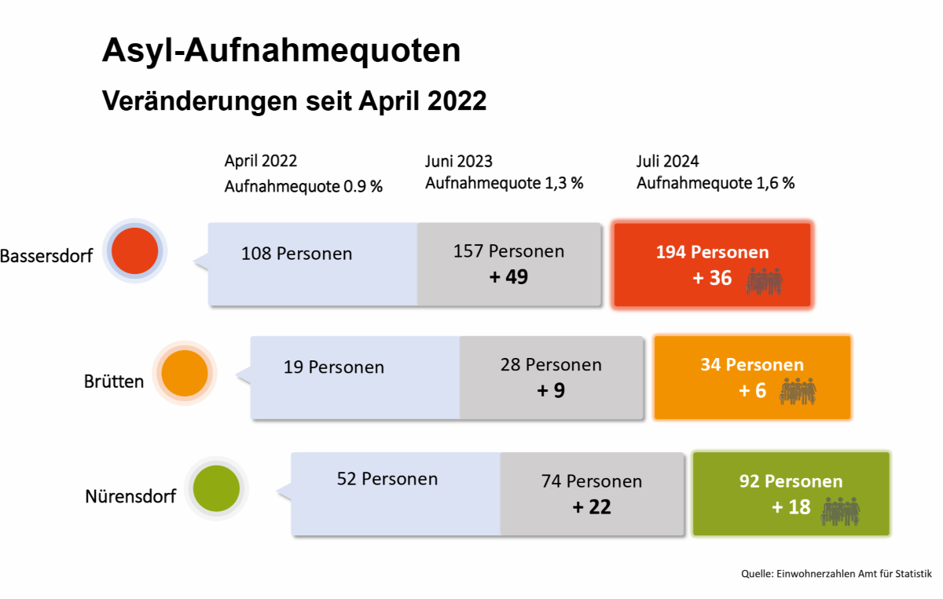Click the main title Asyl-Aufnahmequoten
pyautogui.click(x=281, y=51)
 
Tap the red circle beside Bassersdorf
pyautogui.click(x=134, y=251)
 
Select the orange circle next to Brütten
pyautogui.click(x=185, y=373)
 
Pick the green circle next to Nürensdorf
pyautogui.click(x=216, y=488)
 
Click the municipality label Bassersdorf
pyautogui.click(x=46, y=256)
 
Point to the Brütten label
pyautogui.click(x=114, y=382)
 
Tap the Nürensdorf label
pyautogui.click(x=130, y=496)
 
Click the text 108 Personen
pyautogui.click(x=296, y=254)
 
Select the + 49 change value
pyautogui.click(x=508, y=277)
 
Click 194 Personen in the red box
pyautogui.click(x=712, y=252)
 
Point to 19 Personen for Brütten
pyautogui.click(x=334, y=367)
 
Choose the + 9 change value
pyautogui.click(x=551, y=390)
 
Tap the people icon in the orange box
pyautogui.click(x=798, y=391)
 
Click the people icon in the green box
pyautogui.click(x=840, y=512)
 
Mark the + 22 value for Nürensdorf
pyautogui.click(x=592, y=507)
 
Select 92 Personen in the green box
pyautogui.click(x=791, y=481)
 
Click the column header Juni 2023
pyautogui.click(x=459, y=161)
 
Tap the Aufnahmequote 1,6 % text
pyautogui.click(x=716, y=183)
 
